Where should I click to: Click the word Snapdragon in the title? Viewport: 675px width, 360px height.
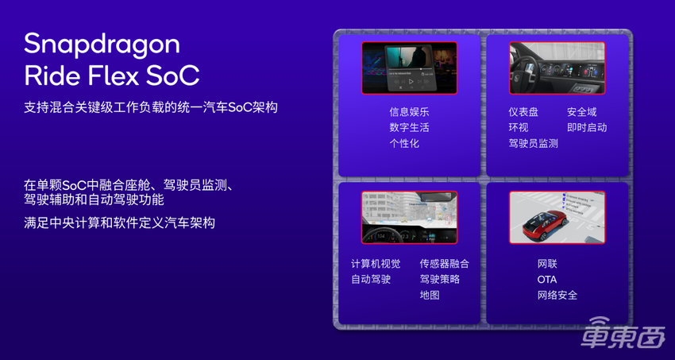point(102,45)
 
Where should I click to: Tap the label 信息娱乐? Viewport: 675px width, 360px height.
point(409,112)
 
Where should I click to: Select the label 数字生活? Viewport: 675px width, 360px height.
point(409,128)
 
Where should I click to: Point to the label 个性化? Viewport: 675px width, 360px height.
point(404,144)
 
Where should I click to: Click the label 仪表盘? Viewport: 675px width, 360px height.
point(523,112)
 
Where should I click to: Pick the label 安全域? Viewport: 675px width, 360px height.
point(581,112)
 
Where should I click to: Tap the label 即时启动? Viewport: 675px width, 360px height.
point(587,128)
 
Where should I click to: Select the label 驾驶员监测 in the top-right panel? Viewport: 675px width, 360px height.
point(533,144)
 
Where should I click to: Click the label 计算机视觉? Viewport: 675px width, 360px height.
point(376,264)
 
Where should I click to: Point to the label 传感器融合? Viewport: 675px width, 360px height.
point(445,264)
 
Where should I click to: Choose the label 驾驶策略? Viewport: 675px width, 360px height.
point(440,279)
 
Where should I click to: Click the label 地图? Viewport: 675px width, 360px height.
point(430,295)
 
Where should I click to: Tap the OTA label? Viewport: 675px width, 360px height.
point(547,280)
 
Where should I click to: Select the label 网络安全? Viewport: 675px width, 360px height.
point(557,296)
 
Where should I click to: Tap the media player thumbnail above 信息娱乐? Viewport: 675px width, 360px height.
point(409,68)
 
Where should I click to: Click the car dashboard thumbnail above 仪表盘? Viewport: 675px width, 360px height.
point(557,68)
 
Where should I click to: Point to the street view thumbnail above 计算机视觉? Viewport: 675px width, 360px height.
point(409,217)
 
